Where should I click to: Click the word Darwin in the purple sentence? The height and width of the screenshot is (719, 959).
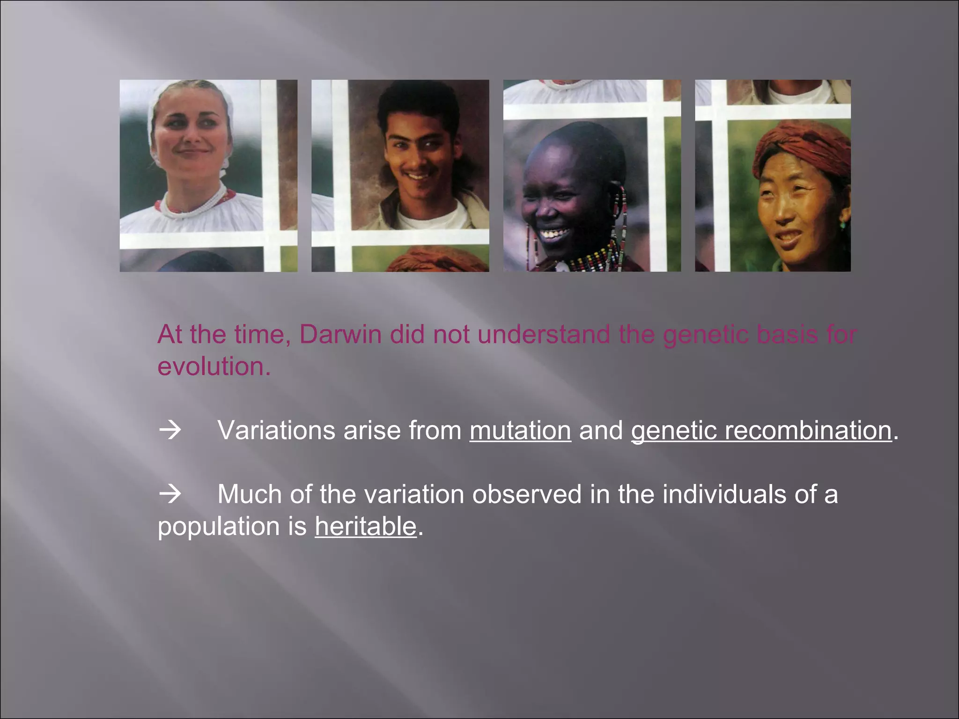(340, 334)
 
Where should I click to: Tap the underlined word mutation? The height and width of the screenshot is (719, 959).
(520, 430)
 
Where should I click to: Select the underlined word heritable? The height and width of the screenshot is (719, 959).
(365, 526)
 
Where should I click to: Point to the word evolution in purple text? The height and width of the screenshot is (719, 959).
(213, 366)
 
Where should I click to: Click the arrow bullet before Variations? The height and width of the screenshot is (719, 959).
(170, 430)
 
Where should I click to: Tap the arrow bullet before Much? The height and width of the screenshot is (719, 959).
(170, 494)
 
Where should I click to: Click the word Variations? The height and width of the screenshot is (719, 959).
(276, 430)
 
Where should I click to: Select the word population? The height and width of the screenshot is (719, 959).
(219, 527)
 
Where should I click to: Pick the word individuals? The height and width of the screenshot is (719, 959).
(724, 494)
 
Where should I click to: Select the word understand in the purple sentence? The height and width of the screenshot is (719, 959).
(544, 334)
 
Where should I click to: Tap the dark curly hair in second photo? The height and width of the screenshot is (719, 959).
(417, 101)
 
